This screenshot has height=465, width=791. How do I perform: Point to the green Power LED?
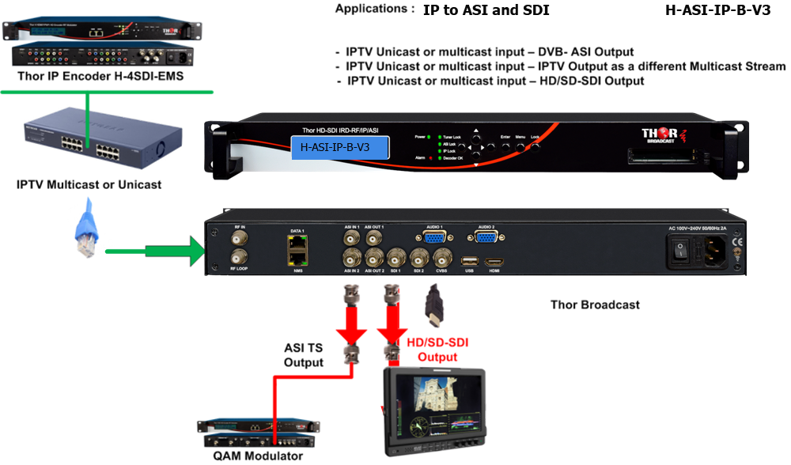[429, 137]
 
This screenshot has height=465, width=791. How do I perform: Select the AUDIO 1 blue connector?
[435, 236]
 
